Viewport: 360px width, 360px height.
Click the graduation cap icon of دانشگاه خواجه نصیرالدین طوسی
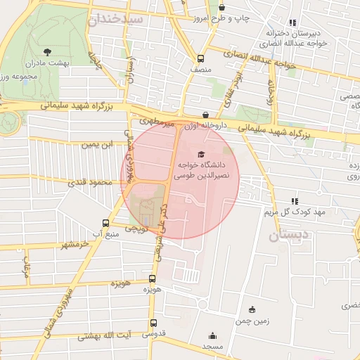coord(200,153)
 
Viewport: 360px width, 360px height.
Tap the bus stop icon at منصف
coord(201,59)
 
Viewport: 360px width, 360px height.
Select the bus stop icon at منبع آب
coord(106,221)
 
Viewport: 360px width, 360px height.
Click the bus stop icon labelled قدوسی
coord(153,323)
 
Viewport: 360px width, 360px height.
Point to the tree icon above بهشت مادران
coord(47,51)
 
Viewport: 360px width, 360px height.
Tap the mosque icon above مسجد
coord(212,336)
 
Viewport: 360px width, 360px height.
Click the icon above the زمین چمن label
coord(252,309)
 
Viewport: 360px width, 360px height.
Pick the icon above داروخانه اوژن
coord(205,115)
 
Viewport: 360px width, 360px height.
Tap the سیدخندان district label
coord(116,19)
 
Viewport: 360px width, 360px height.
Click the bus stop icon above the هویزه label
coord(153,278)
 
